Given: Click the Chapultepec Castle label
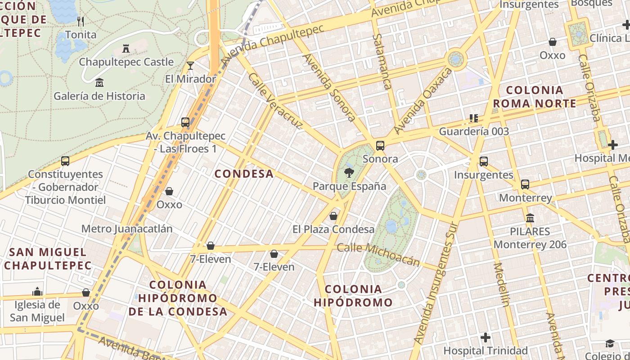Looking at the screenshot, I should pyautogui.click(x=126, y=62).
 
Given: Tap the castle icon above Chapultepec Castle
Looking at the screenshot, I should pyautogui.click(x=126, y=48).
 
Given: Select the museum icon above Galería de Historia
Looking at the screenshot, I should pyautogui.click(x=99, y=82).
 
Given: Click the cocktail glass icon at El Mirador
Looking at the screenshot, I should pyautogui.click(x=190, y=66).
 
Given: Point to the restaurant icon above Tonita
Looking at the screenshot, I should pyautogui.click(x=81, y=21).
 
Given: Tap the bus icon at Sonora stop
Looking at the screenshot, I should pyautogui.click(x=380, y=145).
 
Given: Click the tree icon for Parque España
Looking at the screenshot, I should pyautogui.click(x=349, y=172).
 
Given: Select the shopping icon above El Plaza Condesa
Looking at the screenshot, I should pyautogui.click(x=333, y=216).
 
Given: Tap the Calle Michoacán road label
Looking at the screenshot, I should pyautogui.click(x=378, y=254).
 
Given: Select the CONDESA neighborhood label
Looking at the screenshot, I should pyautogui.click(x=244, y=174).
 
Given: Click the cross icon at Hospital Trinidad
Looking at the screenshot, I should pyautogui.click(x=485, y=337).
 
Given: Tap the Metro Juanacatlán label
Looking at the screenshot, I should pyautogui.click(x=127, y=229).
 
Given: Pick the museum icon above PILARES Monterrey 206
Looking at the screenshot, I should pyautogui.click(x=530, y=218).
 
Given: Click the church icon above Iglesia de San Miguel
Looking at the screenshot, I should pyautogui.click(x=37, y=292).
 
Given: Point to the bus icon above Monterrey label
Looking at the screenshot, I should pyautogui.click(x=525, y=184).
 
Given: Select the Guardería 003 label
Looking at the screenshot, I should pyautogui.click(x=474, y=131).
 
